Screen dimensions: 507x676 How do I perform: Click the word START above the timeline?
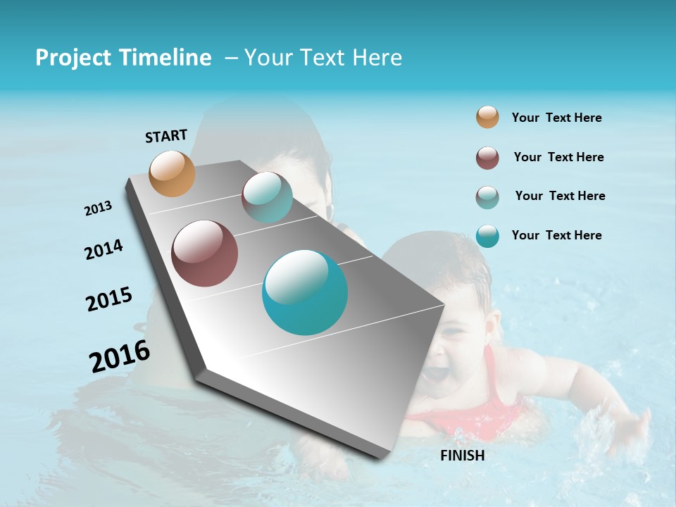pos(166,136)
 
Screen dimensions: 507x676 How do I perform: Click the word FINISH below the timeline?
pos(462,456)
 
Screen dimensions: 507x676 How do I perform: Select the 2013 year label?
pos(98,208)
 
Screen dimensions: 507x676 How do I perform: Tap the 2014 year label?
pos(104,250)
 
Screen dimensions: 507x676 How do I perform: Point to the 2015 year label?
pos(109,299)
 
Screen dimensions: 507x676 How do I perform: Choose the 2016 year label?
pos(120,356)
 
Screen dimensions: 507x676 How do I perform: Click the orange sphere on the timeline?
pos(173,173)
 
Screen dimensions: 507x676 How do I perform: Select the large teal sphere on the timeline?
pos(305,292)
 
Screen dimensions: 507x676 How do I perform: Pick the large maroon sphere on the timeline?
pos(204,254)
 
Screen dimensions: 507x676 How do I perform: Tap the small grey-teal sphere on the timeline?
pos(267,197)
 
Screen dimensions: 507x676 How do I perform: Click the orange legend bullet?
pos(487,117)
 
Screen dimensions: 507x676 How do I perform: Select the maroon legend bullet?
pos(487,158)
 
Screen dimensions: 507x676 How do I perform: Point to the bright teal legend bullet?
pos(487,236)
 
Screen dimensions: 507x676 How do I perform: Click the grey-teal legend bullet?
pos(487,197)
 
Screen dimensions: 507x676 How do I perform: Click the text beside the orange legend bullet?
pos(556,118)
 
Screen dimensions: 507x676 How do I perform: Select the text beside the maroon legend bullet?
pos(558,157)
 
